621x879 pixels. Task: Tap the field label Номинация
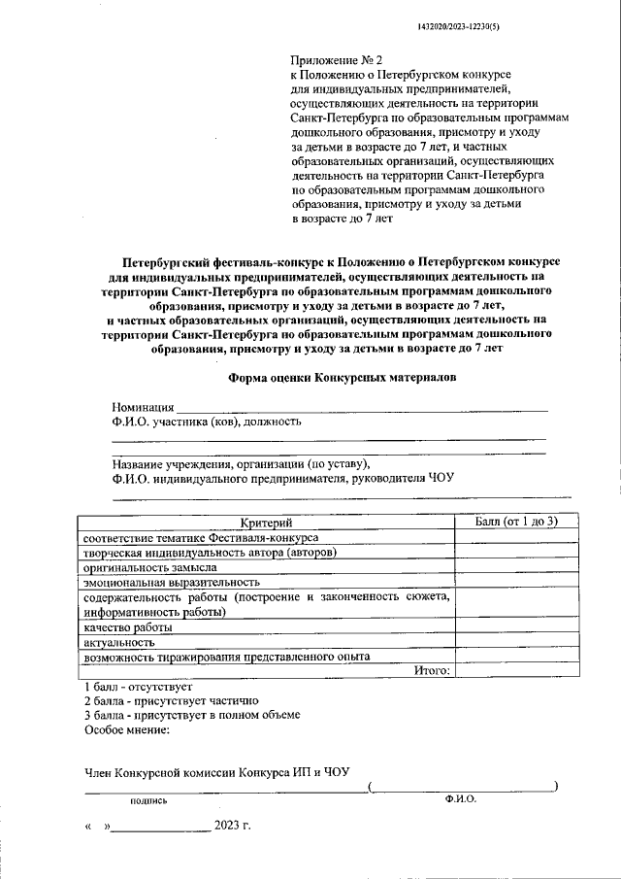coord(143,407)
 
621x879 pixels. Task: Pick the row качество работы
coord(128,628)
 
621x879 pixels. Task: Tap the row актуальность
coord(121,643)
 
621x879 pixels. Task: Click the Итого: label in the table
coord(432,670)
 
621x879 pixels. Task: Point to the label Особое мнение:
coord(127,728)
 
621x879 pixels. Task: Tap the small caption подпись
coord(149,801)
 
